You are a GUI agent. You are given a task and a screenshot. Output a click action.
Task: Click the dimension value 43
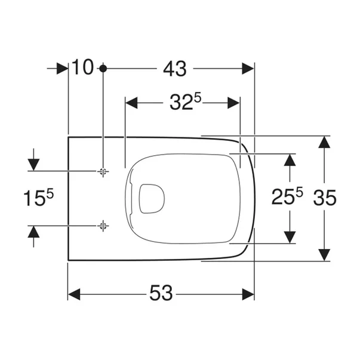pos(174,69)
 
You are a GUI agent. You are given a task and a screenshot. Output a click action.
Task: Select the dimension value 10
pos(84,68)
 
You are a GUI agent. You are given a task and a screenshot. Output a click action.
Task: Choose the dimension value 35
pos(325,196)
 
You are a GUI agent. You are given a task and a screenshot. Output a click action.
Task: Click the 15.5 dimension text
pos(33,198)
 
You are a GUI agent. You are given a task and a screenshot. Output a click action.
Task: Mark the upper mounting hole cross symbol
pos(103,171)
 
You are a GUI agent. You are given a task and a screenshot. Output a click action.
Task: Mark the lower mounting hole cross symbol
pos(103,225)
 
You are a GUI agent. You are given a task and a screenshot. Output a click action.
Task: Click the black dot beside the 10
pos(103,68)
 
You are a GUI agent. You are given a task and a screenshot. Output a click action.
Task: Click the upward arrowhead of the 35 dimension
pos(324,141)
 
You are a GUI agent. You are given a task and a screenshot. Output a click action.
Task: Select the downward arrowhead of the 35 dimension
pos(324,254)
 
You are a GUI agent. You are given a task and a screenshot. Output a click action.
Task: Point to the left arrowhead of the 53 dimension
pos(74,294)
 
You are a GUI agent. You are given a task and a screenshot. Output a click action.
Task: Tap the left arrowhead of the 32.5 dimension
pos(131,103)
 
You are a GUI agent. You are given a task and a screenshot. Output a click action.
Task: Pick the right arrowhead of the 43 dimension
pos(248,69)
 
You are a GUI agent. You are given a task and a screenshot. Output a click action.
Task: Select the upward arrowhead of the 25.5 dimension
pos(290,159)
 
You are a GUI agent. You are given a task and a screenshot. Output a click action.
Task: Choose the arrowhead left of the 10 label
pos(62,69)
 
